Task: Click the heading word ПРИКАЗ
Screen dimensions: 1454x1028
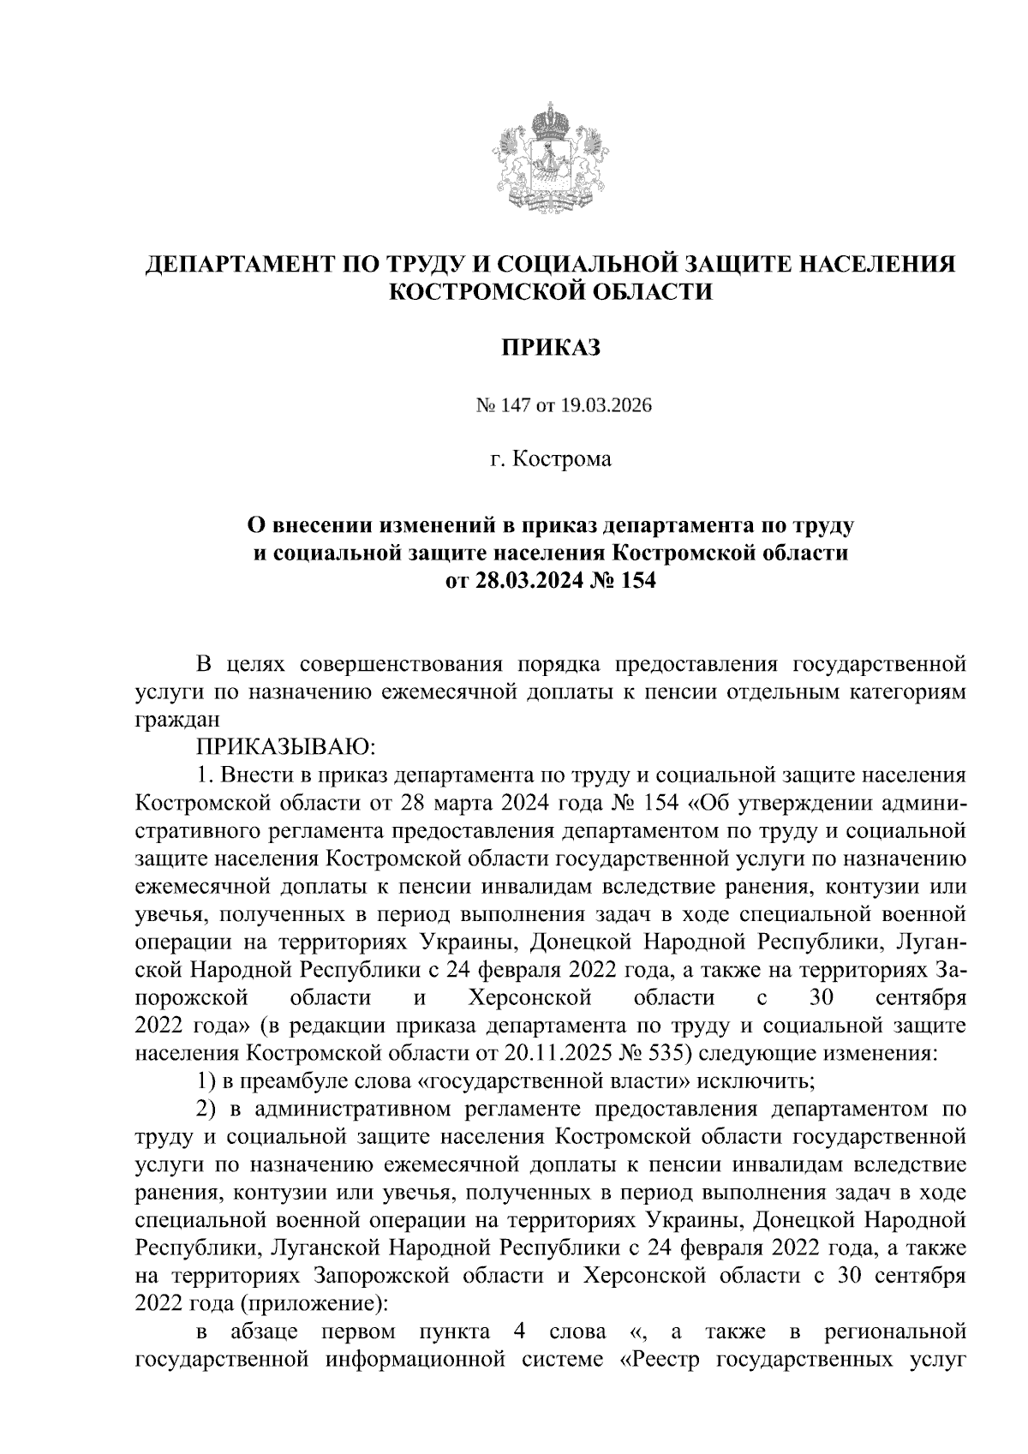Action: (551, 348)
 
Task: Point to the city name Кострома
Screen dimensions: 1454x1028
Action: (563, 460)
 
